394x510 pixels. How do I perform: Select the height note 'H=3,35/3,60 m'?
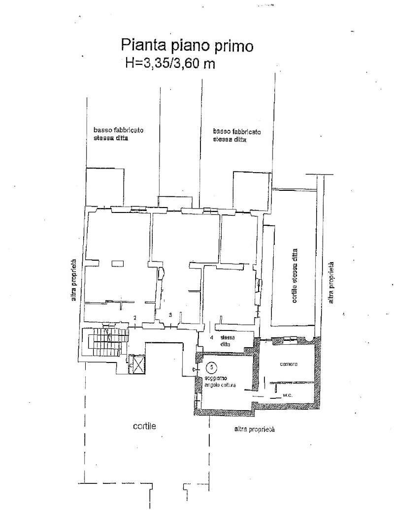(x=170, y=63)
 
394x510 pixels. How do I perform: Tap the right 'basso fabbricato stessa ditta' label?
(x=237, y=135)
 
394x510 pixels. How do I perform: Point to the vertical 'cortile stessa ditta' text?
(x=295, y=276)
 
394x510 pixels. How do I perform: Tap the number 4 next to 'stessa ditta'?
(x=211, y=338)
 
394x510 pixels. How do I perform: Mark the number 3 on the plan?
(x=170, y=314)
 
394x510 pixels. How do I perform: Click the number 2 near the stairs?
(x=134, y=318)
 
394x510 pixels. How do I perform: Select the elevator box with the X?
(x=136, y=364)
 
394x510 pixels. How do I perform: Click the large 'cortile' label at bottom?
(x=144, y=427)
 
